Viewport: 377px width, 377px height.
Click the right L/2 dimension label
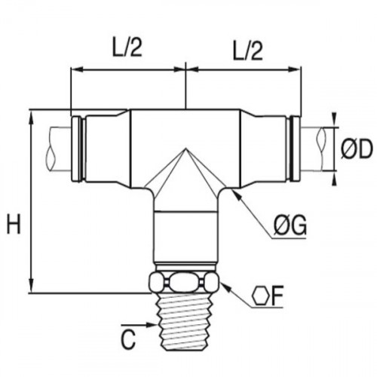pos(248,51)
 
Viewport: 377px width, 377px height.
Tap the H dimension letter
pos(14,224)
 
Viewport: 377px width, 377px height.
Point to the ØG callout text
pos(290,225)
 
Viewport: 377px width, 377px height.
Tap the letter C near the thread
pos(129,339)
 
